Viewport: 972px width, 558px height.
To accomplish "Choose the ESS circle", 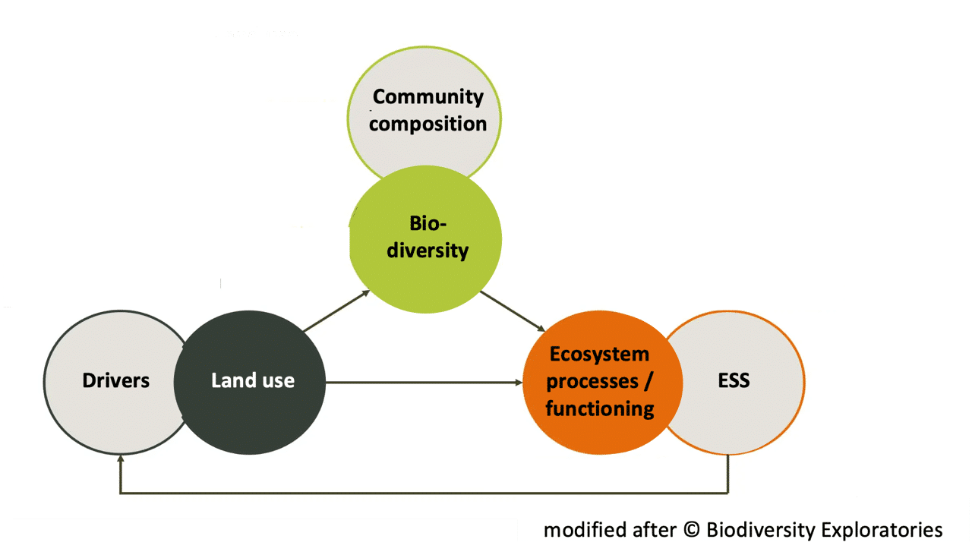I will point(740,380).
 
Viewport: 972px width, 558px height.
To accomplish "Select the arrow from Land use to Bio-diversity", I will point(336,311).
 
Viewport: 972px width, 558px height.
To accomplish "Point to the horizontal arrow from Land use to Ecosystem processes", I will point(425,381).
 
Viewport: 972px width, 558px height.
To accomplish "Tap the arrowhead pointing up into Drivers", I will point(120,460).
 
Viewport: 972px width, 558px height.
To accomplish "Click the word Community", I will point(428,96).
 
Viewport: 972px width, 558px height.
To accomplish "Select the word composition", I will point(428,124).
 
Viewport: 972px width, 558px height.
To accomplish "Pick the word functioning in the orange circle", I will point(599,408).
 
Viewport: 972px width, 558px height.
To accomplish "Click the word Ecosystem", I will point(599,354).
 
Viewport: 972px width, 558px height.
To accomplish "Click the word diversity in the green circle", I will point(428,251).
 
